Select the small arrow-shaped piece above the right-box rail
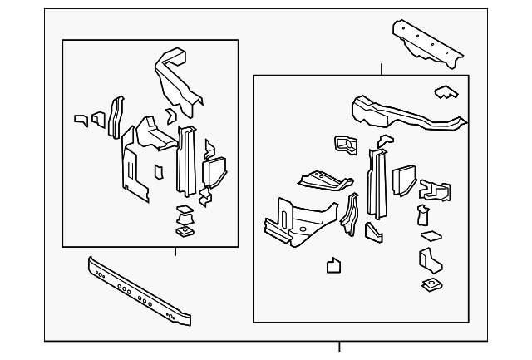[445, 91]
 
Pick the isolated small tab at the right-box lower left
[333, 266]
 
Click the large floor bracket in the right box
[295, 220]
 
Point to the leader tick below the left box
[175, 252]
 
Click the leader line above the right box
[381, 69]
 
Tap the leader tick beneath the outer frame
[339, 347]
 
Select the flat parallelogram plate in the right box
[431, 235]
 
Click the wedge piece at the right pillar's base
[373, 231]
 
